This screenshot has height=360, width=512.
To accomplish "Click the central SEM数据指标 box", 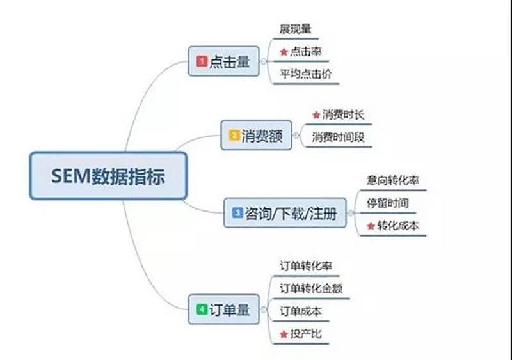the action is click(x=108, y=176).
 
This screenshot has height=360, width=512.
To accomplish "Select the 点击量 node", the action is click(x=223, y=61).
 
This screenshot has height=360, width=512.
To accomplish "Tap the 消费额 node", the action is click(x=256, y=135).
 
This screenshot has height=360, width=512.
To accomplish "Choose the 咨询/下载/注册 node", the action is click(x=285, y=213).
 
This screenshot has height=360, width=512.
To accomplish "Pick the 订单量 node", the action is click(x=223, y=309).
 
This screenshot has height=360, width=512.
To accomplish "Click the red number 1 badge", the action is click(x=202, y=61).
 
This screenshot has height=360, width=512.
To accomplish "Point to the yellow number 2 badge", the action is click(x=234, y=135).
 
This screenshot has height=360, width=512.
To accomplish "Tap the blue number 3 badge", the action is click(x=237, y=213).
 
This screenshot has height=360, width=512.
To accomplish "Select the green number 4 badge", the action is click(x=202, y=309).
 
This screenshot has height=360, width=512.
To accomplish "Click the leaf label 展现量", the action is click(x=295, y=29).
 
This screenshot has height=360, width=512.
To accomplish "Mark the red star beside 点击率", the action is click(x=284, y=52).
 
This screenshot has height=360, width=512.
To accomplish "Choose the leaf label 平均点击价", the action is click(x=306, y=74).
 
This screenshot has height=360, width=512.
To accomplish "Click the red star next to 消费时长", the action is click(x=316, y=115).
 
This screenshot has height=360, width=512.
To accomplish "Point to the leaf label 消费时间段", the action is click(x=338, y=137).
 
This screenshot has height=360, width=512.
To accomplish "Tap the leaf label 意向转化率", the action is click(x=392, y=180).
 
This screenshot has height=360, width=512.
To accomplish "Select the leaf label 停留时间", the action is click(x=388, y=203).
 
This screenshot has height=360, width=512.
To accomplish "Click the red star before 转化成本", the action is click(x=371, y=226).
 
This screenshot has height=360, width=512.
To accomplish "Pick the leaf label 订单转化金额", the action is click(x=311, y=288).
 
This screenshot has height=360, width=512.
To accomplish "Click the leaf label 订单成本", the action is click(x=300, y=311).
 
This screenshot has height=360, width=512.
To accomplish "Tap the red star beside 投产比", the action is click(x=284, y=334).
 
